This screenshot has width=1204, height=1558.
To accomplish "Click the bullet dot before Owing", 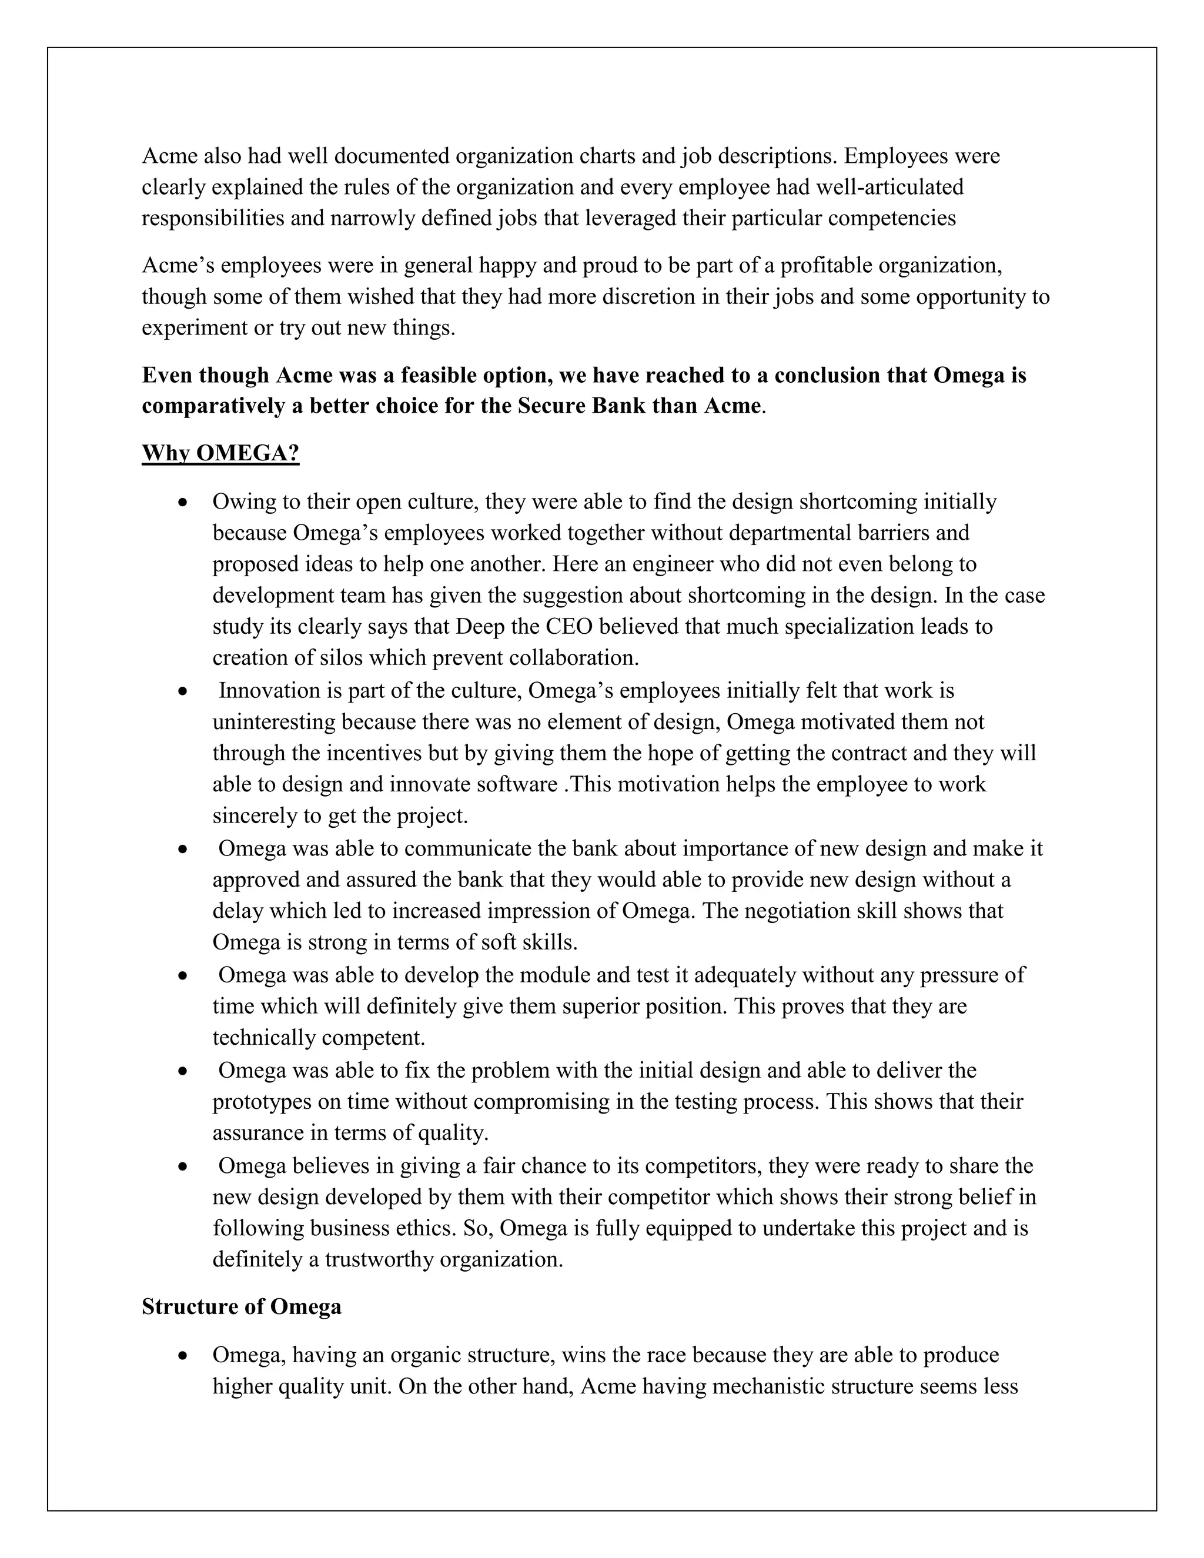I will coord(184,503).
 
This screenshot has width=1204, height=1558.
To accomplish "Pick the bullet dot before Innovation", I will coord(184,692).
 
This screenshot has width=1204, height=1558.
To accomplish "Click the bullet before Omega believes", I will coord(184,1166).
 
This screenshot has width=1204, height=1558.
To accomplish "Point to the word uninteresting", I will coord(274,722).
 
